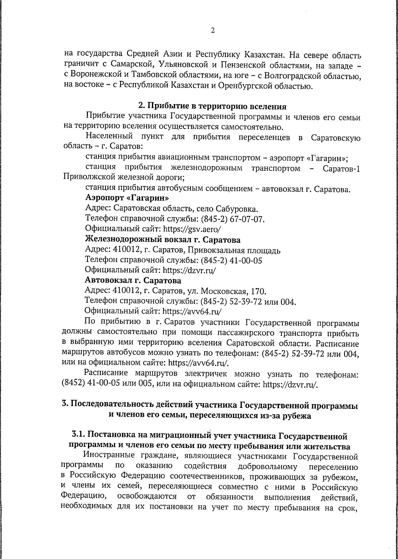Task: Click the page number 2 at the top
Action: coord(213,31)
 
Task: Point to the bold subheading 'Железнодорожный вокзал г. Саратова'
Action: coord(163,239)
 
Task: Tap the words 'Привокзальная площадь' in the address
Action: coord(232,250)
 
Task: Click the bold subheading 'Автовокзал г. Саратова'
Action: coord(133,281)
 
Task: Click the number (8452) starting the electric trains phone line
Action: coord(74,384)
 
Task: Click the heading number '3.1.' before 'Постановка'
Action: coord(79,434)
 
